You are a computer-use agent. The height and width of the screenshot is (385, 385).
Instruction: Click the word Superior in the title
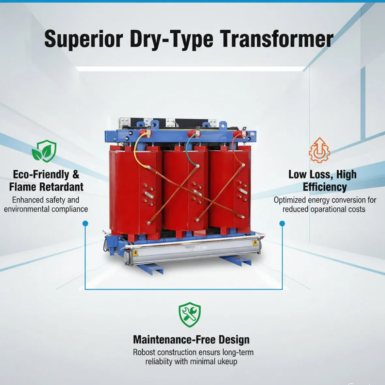84,39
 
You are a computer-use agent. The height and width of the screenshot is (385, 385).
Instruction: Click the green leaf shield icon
44,151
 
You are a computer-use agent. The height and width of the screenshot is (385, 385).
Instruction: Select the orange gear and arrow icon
319,150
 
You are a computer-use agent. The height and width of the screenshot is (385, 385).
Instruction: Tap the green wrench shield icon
190,315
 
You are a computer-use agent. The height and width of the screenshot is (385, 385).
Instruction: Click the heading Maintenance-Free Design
191,340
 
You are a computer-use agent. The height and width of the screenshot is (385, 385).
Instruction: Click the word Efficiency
324,187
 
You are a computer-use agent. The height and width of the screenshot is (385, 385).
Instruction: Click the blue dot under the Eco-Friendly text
85,223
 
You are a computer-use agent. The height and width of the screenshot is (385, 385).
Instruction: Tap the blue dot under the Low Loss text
282,223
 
